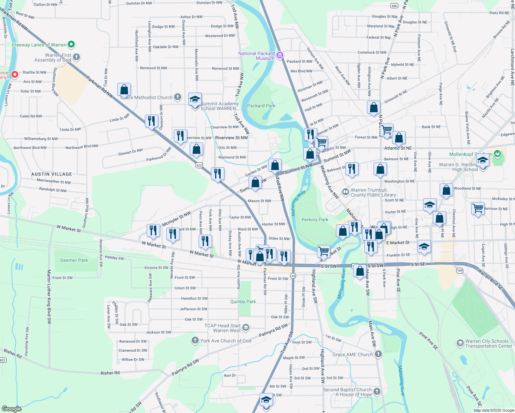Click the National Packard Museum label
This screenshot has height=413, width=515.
[x=256, y=56]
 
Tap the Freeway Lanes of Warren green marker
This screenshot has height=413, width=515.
[x=71, y=44]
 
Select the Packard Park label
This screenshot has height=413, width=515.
[x=261, y=106]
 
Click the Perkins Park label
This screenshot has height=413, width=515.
[x=315, y=220]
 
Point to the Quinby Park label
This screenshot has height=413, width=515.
[x=243, y=301]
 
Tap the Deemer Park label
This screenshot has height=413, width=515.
[x=74, y=260]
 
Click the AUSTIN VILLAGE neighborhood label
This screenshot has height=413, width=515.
[x=52, y=174]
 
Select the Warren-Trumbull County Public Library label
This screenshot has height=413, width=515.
[x=373, y=192]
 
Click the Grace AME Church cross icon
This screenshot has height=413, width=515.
[x=378, y=354]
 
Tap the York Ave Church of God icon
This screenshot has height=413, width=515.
[x=195, y=341]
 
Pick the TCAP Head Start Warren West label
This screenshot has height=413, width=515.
[x=222, y=328]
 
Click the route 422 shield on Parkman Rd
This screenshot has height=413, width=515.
[x=199, y=166]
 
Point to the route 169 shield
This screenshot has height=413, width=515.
[x=460, y=271]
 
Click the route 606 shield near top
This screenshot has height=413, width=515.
[x=394, y=6]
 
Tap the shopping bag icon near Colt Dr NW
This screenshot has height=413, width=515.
[x=124, y=89]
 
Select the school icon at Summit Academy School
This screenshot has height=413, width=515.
[x=195, y=99]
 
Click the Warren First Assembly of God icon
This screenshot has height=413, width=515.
[x=76, y=57]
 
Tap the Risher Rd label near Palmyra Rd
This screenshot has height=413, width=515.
[x=110, y=373]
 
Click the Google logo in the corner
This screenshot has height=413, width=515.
[x=11, y=409]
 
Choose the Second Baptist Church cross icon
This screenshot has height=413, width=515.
[x=377, y=391]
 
